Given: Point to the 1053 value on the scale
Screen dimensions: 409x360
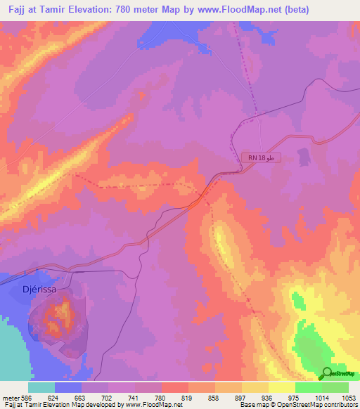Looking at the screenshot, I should pos(348,396).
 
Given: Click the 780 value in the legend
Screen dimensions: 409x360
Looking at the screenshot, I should pos(161,396).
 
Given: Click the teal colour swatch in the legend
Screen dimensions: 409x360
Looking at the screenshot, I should pos(41,387).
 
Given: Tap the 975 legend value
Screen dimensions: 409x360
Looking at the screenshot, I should pos(295,396).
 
